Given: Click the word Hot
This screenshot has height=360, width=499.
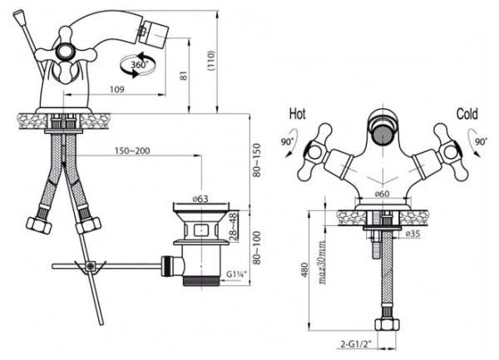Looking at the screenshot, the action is [298, 114].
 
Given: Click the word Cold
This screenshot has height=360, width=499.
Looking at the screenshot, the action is [467, 114].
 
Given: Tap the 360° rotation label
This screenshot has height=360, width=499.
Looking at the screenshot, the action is [140, 65].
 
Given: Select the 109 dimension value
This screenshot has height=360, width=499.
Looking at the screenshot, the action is [117, 90].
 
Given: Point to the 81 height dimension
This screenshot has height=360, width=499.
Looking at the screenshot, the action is [185, 76].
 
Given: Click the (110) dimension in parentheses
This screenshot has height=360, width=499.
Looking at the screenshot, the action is [211, 61].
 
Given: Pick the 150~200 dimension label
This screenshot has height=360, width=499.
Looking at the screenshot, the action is [132, 150].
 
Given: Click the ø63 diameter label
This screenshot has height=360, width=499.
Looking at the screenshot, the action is [200, 199].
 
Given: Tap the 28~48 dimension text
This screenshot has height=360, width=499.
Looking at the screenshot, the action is [233, 227].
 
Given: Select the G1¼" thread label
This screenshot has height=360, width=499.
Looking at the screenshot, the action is [236, 274].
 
